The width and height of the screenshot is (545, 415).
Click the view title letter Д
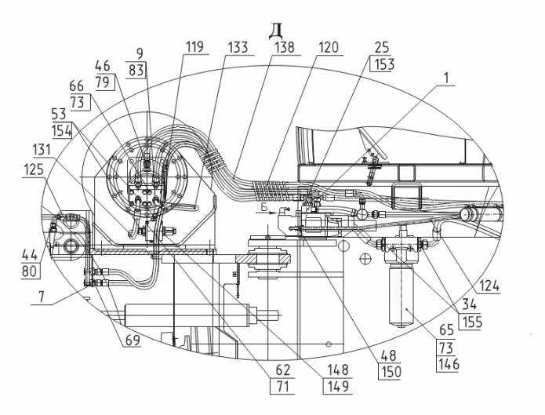click(x=275, y=31)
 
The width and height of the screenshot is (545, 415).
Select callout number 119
click(x=194, y=46)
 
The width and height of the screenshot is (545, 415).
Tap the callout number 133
click(x=238, y=47)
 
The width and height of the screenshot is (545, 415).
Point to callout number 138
click(x=285, y=47)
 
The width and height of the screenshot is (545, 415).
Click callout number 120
click(x=328, y=47)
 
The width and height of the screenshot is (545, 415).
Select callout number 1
click(x=447, y=78)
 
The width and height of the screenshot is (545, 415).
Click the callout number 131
click(x=42, y=150)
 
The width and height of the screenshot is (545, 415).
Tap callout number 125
click(x=34, y=169)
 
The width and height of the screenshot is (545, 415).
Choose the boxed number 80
click(x=29, y=271)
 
